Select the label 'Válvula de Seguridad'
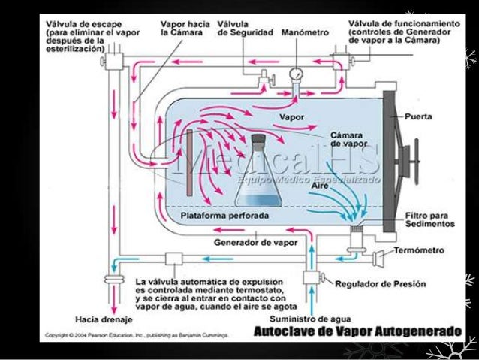pos(240,29)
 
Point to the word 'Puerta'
pos(417,117)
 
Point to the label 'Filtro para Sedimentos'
pos(429,219)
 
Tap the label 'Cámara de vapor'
pos(346,140)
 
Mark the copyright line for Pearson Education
pos(139,333)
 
